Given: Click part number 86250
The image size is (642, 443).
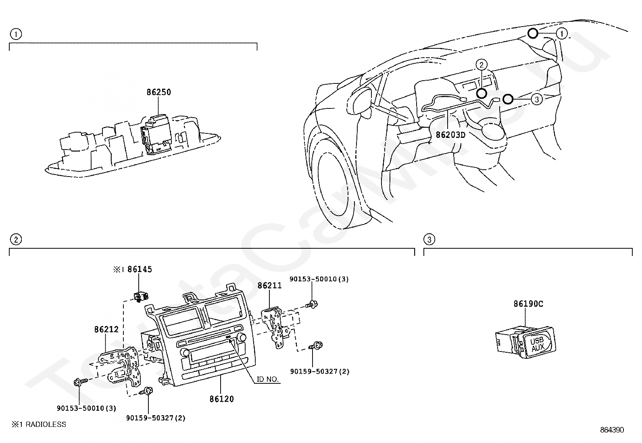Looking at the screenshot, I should point(158,92).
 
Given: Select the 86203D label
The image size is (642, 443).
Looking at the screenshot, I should point(450,135).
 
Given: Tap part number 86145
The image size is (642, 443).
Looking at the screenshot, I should point(140,269).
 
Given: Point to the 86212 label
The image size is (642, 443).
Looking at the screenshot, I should point(106,329).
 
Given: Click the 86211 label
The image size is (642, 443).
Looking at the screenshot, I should point(270,285).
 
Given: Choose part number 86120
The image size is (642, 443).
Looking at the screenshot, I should point(221,399).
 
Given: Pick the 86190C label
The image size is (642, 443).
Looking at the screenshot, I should point(528,304).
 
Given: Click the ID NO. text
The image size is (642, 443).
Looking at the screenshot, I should point(267,379).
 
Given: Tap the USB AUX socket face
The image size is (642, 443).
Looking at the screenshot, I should point(537,344).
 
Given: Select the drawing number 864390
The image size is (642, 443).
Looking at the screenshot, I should point(612,430).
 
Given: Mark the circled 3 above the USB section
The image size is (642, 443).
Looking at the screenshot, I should point(429,240).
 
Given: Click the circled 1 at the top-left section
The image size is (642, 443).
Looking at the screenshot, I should point(15,34).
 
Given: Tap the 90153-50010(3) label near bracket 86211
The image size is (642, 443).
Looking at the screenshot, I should point(319,279).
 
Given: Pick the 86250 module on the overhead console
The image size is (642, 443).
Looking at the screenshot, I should point(155,133).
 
